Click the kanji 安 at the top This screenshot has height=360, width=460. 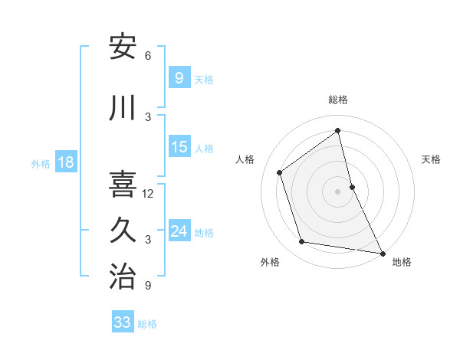click(123, 47)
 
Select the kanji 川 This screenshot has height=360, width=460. click(123, 109)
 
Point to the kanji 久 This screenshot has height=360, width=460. click(123, 231)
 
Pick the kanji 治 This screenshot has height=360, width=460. click(123, 277)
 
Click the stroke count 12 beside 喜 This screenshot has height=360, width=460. click(148, 194)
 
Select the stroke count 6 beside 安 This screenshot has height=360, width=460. click(148, 56)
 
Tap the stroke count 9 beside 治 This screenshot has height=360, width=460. click(148, 286)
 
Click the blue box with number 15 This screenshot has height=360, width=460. click(179, 147)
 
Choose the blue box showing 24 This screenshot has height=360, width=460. click(179, 231)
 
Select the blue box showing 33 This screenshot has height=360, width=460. click(123, 322)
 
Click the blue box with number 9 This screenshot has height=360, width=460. click(179, 78)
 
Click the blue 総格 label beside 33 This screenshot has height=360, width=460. click(147, 324)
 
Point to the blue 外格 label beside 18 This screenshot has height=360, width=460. click(41, 163)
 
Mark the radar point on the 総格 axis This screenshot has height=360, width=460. click(338, 131)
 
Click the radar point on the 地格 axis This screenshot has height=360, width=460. click(382, 253)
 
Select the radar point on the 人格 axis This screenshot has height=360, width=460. click(280, 172)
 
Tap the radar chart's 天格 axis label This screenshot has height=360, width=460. click(432, 159)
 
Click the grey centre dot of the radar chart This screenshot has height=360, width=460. click(338, 191)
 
